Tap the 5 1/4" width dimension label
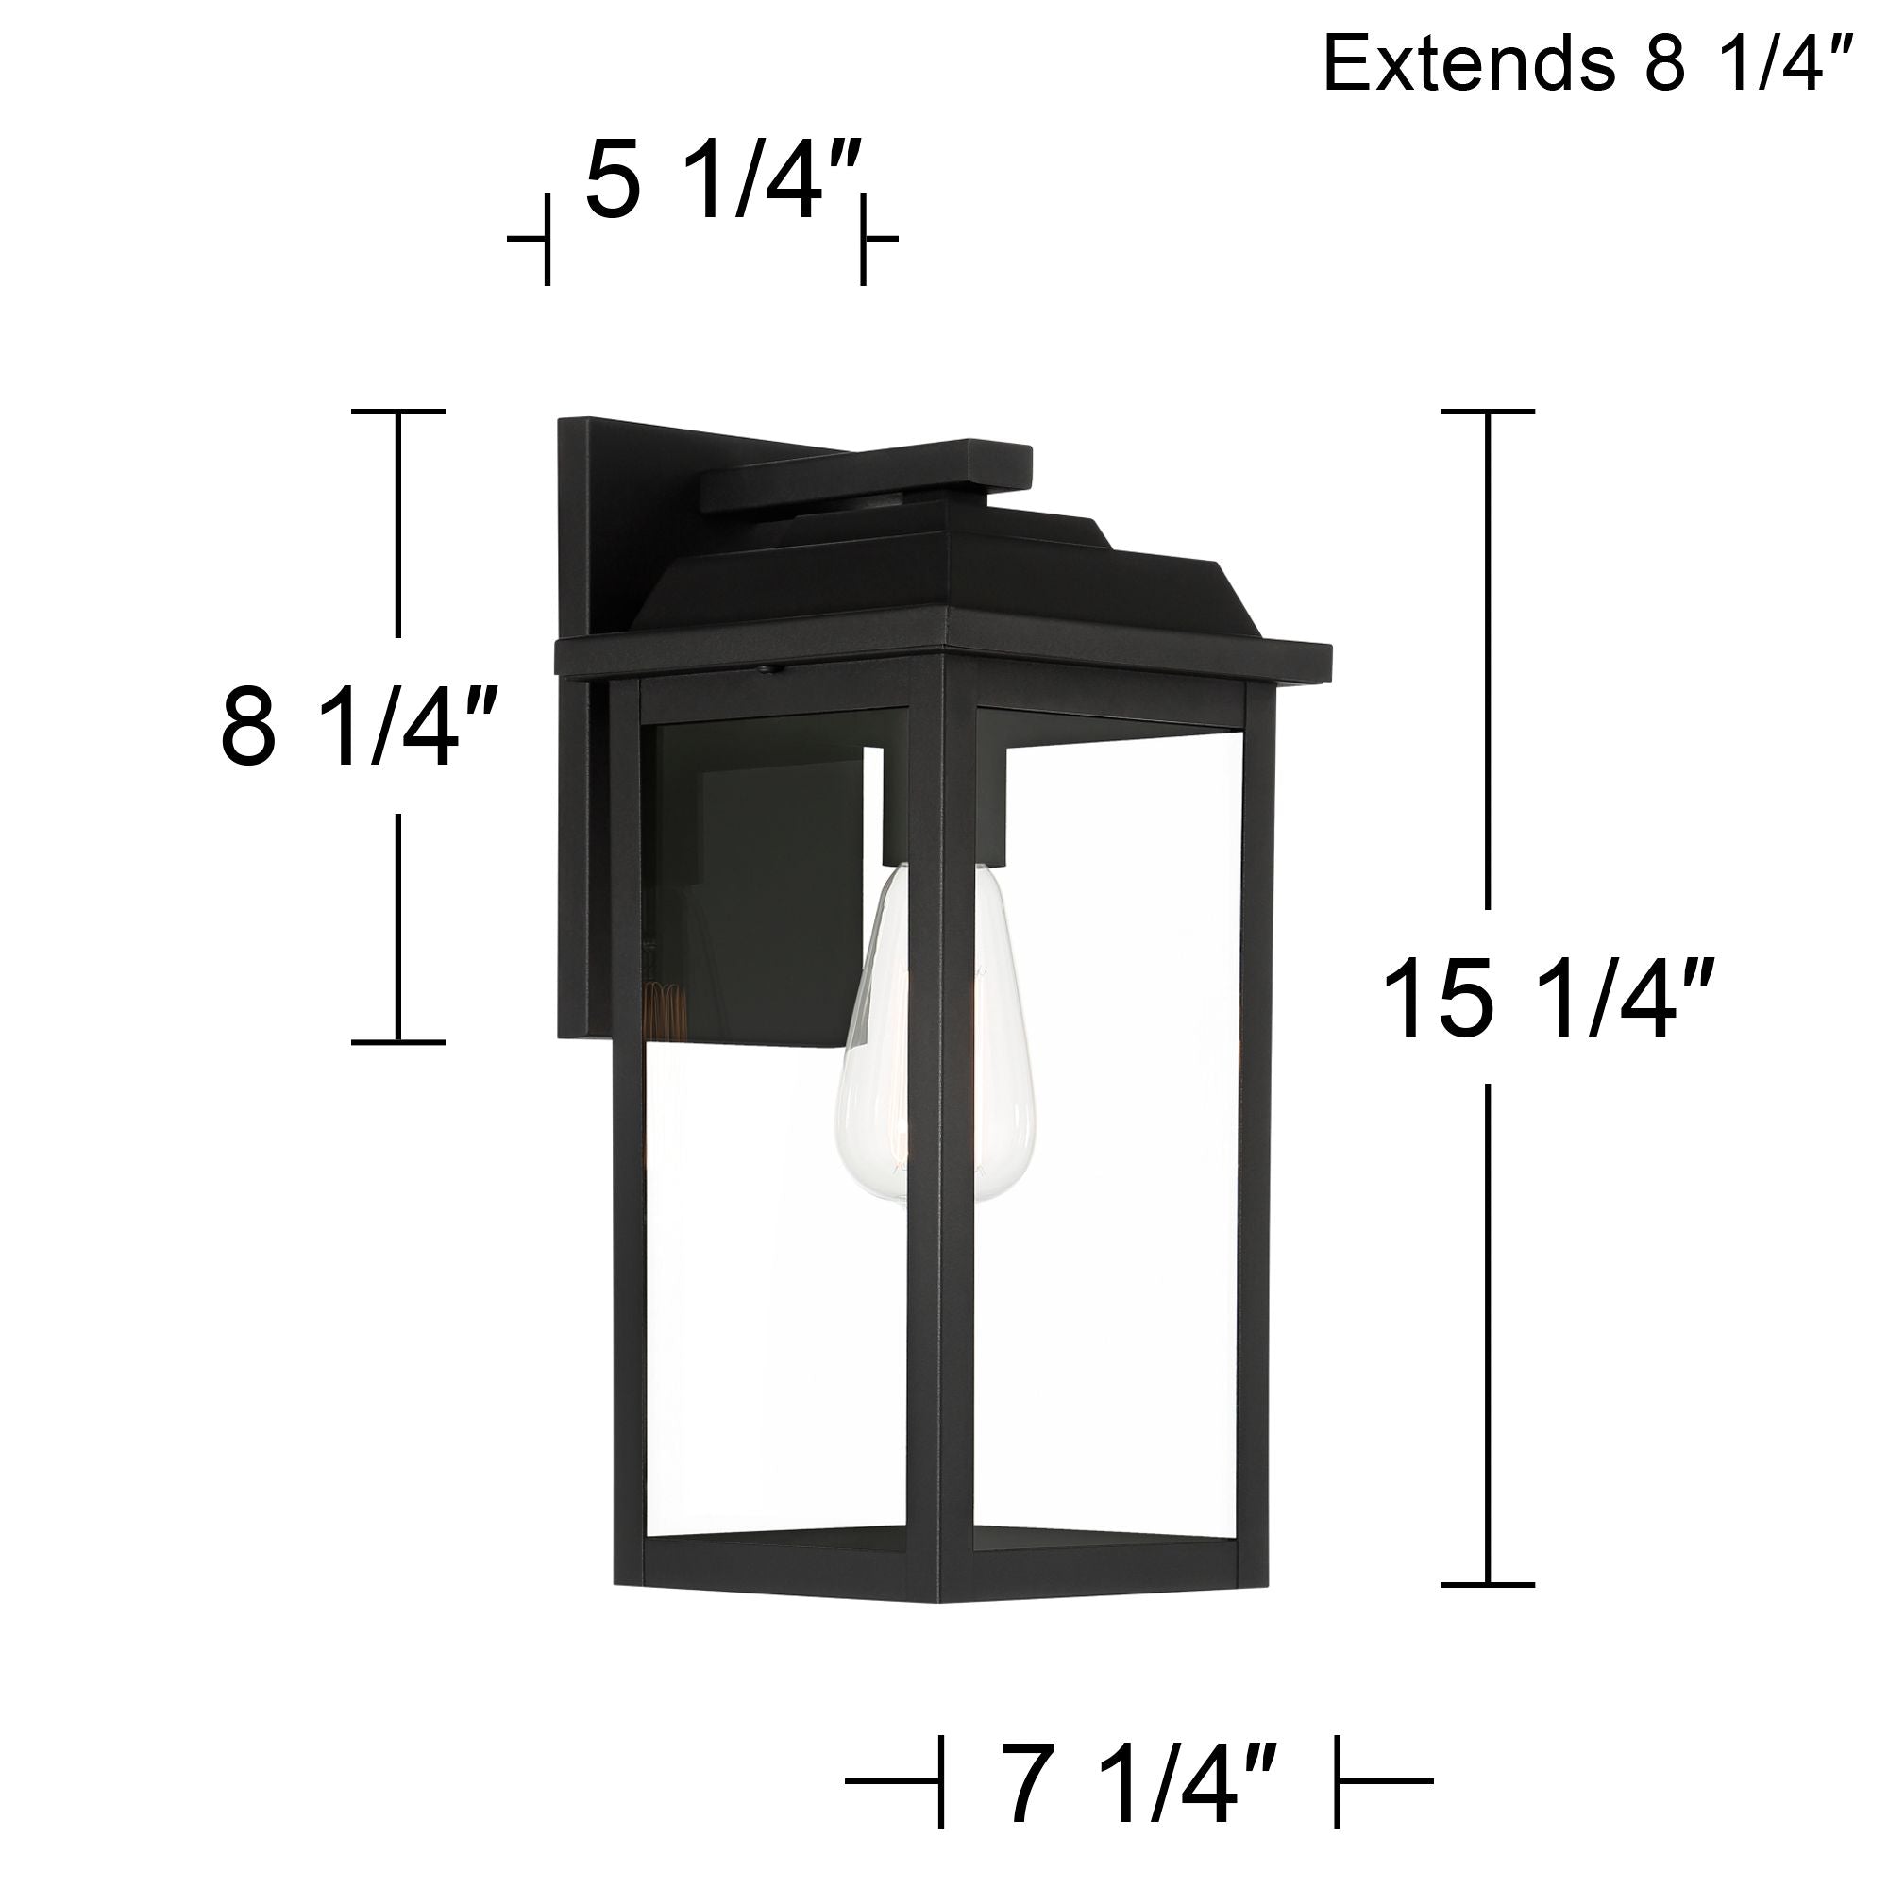coord(724,182)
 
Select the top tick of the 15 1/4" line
coord(1488,412)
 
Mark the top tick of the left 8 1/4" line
coord(397,412)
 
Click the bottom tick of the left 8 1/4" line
coord(397,1042)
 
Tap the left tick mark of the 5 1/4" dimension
coord(547,238)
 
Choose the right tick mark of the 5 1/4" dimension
coord(863,238)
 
